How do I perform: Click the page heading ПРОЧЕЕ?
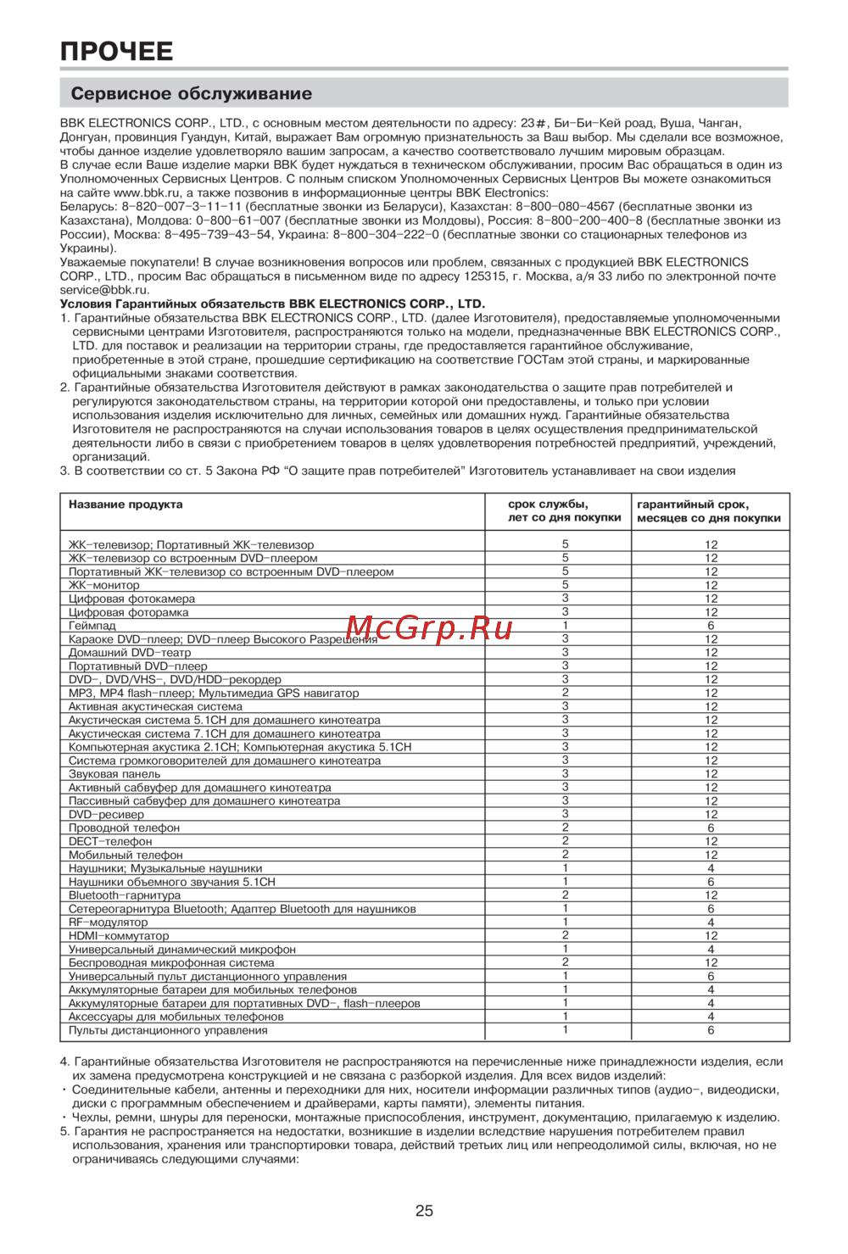116,52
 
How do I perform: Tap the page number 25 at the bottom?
424,1211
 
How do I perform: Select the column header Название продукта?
126,504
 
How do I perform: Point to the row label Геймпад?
92,626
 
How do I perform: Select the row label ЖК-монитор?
104,585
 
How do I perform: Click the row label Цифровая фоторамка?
129,612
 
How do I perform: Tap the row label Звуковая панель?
114,774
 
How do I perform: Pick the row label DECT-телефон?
110,841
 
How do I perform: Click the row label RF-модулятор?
108,922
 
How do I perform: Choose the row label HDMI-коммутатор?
119,936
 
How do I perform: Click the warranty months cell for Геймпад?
711,626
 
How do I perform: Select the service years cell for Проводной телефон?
566,828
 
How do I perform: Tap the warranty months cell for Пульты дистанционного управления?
711,1030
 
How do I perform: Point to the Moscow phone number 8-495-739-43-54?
218,235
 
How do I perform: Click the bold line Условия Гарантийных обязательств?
272,304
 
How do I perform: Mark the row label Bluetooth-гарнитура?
125,895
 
